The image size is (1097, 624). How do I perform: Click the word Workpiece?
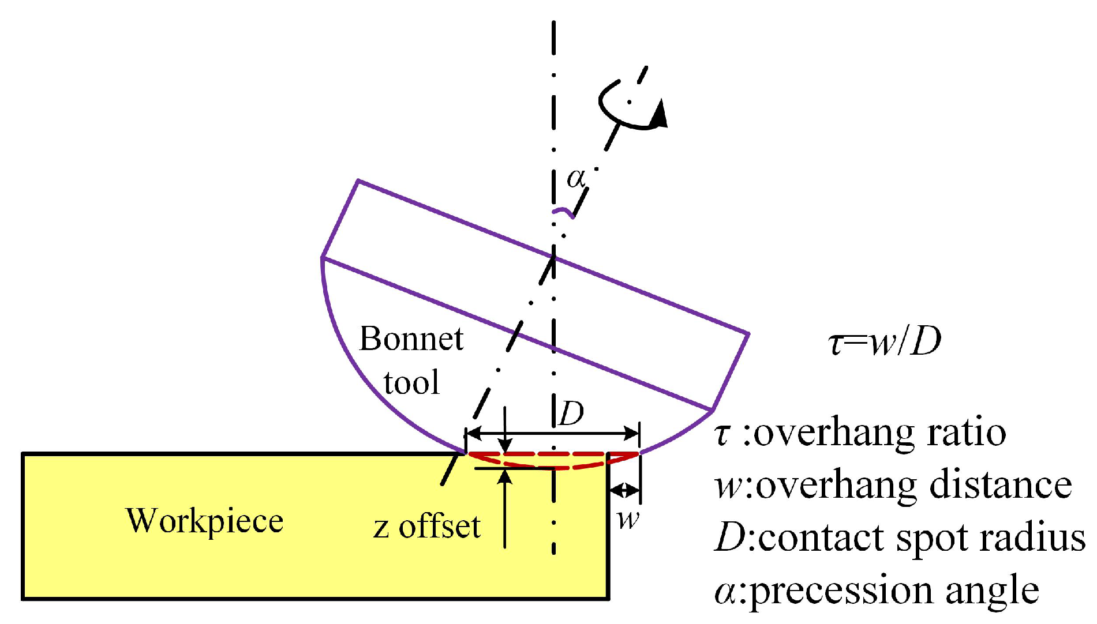(x=204, y=521)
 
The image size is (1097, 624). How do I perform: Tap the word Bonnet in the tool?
(x=411, y=339)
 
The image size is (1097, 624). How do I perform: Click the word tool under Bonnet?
(x=411, y=382)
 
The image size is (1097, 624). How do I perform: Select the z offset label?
(x=426, y=527)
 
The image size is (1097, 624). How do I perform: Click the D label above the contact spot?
(x=572, y=413)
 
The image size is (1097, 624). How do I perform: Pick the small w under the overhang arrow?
(x=628, y=520)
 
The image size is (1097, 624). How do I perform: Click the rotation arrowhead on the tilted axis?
(x=658, y=114)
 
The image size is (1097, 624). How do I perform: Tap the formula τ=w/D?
(x=885, y=341)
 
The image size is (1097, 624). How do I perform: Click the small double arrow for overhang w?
(x=625, y=491)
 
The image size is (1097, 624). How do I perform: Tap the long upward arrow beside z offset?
(x=505, y=508)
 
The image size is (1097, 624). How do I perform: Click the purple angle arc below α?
(x=564, y=213)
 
